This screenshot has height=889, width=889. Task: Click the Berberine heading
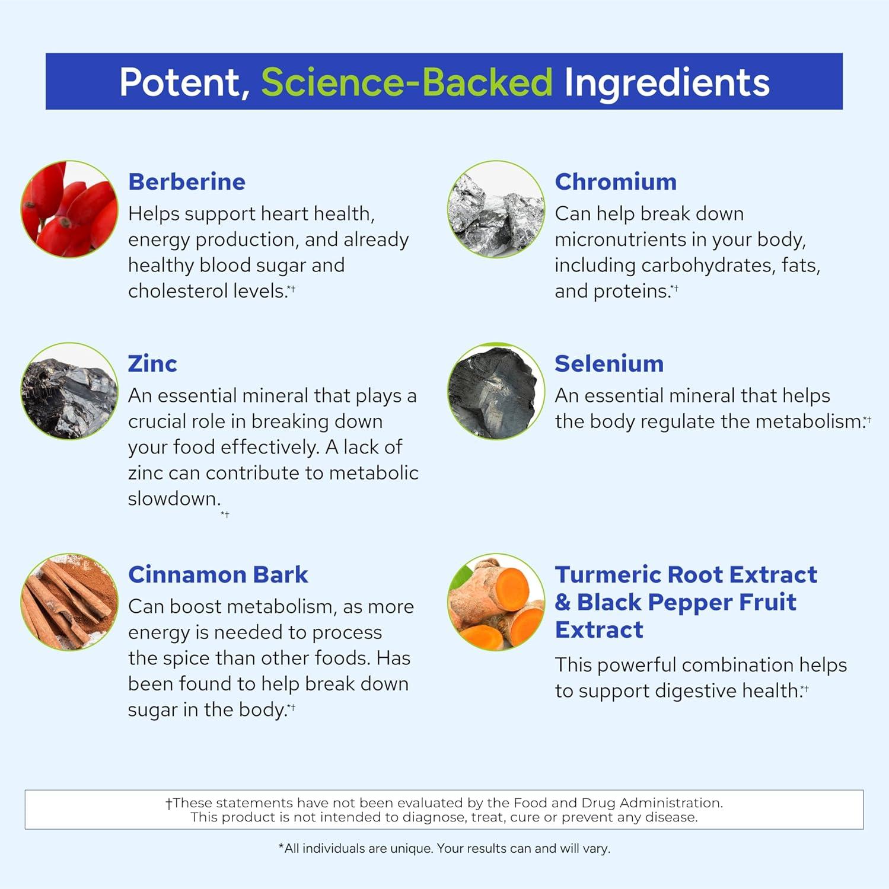[187, 182]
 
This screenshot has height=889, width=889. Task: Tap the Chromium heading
[616, 182]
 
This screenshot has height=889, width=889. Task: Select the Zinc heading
[152, 364]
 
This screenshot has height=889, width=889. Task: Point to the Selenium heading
[609, 364]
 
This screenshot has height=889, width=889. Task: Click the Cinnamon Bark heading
[218, 575]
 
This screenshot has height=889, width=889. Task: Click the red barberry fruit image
[69, 209]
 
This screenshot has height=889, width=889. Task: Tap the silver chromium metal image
[496, 209]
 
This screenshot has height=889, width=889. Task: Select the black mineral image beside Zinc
[69, 391]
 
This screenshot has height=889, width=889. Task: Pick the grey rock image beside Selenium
[496, 391]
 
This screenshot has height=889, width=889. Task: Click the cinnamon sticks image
[69, 602]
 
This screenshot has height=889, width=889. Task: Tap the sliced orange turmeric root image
[496, 602]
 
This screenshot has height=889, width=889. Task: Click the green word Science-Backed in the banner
[407, 82]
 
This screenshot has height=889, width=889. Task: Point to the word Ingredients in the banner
[667, 83]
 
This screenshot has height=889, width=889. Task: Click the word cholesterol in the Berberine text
[176, 291]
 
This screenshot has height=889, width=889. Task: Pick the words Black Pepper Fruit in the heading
[687, 603]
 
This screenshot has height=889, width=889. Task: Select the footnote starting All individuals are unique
[444, 849]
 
